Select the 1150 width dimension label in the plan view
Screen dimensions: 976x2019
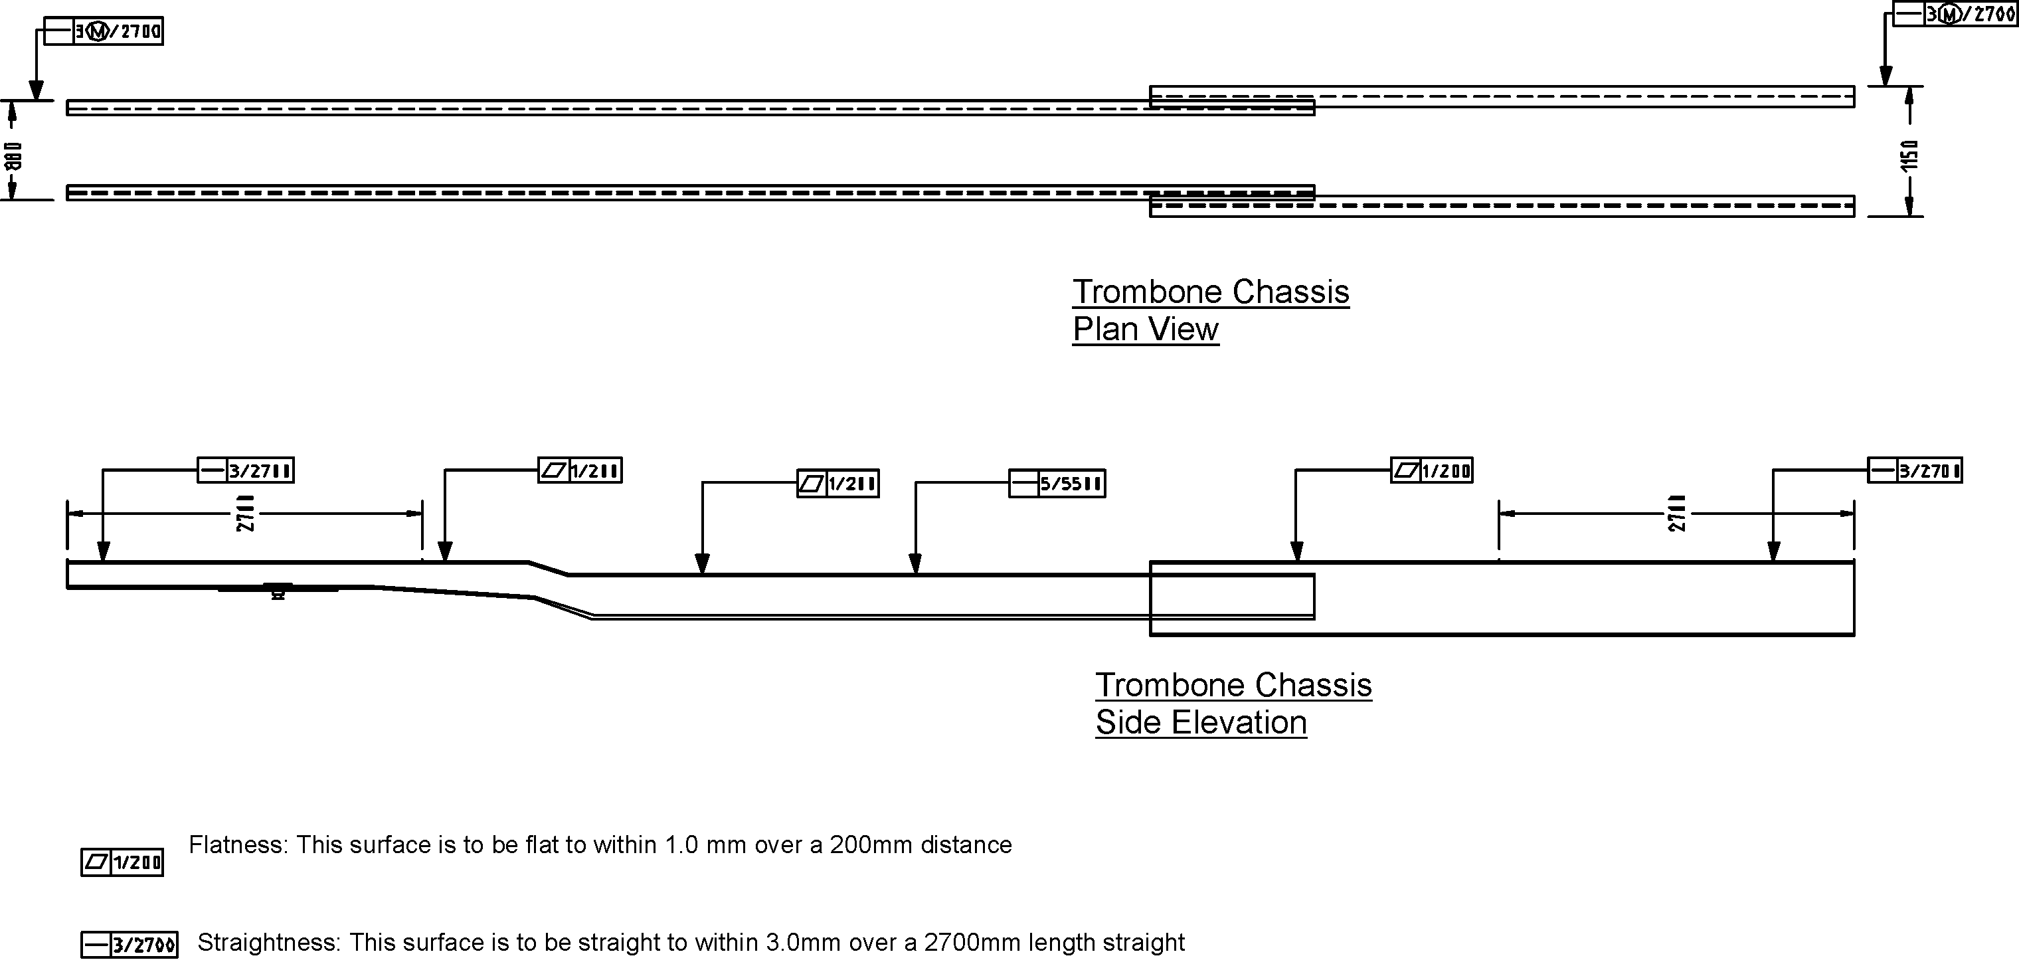1909,155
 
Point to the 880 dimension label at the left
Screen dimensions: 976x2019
13,156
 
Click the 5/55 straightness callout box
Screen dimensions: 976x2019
1057,484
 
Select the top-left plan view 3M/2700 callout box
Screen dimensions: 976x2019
103,31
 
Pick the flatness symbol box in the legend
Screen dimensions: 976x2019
122,862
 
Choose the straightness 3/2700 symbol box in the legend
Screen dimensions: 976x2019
130,945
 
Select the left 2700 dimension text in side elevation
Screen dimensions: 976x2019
245,514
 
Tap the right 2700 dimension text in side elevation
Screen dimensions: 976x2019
1676,514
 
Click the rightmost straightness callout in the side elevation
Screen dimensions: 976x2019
1915,470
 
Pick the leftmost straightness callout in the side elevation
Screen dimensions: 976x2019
245,470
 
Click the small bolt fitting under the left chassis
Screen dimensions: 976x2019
278,592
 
